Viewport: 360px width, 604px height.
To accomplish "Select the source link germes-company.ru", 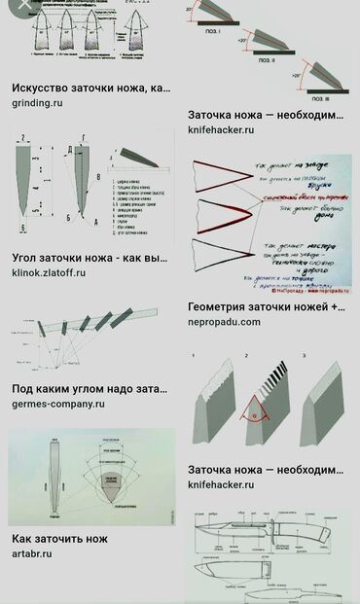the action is (58, 403).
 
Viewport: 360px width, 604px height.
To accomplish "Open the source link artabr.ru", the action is (32, 554).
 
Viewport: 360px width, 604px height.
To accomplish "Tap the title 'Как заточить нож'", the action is (59, 538).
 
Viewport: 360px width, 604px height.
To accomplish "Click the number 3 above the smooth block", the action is (305, 357).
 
